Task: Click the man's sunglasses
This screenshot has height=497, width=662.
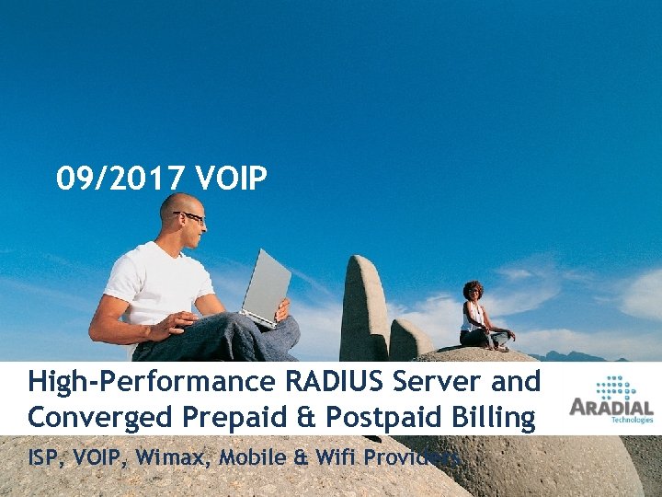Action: point(190,216)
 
